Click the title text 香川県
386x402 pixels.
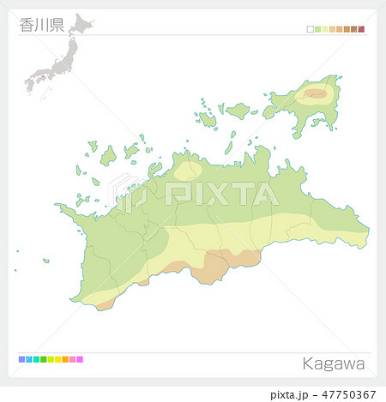click(41, 25)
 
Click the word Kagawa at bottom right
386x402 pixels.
click(334, 364)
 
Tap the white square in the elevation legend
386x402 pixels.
click(311, 29)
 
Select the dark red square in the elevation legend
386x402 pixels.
click(362, 29)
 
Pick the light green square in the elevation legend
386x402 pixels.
click(317, 29)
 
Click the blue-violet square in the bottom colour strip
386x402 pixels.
click(21, 358)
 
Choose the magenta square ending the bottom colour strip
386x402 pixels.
click(80, 358)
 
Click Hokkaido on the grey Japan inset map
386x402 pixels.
click(82, 23)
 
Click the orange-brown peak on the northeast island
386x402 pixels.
click(316, 93)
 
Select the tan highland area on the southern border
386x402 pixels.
click(225, 264)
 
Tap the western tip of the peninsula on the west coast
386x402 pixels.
click(57, 206)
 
